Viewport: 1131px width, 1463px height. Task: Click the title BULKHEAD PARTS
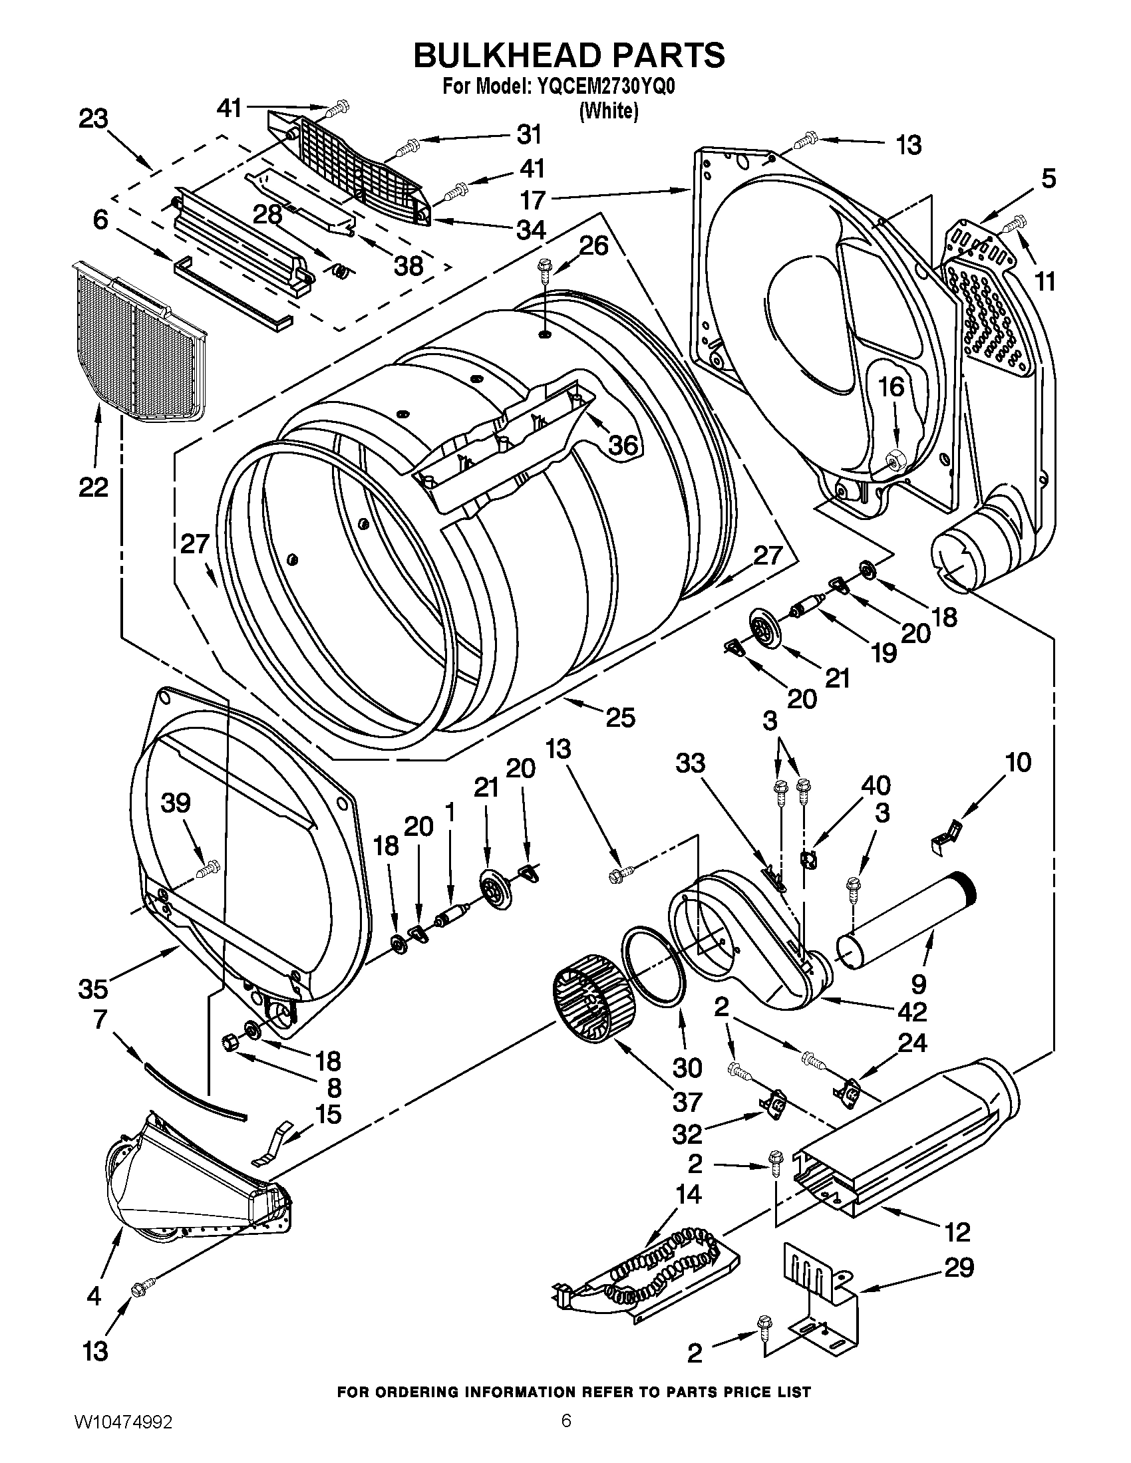pos(568,55)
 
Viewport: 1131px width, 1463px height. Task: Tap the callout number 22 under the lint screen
pos(93,487)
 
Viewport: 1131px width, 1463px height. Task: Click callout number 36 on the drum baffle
pos(621,444)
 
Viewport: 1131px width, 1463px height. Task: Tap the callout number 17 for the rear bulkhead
pos(533,199)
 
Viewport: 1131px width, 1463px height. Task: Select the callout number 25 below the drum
pos(620,718)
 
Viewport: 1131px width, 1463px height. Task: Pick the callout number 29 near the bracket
pos(958,1267)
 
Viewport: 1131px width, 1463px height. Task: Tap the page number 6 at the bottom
pos(566,1434)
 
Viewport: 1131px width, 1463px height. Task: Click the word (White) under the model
pos(608,111)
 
